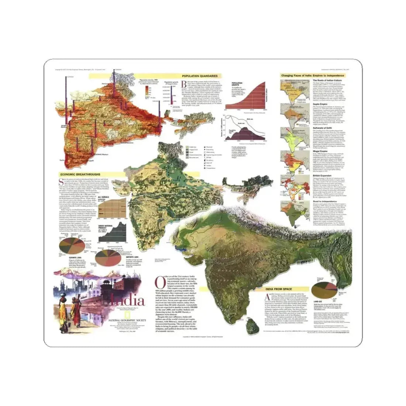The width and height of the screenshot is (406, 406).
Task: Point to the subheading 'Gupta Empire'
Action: [x=321, y=104]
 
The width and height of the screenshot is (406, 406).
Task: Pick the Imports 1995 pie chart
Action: [x=111, y=257]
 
